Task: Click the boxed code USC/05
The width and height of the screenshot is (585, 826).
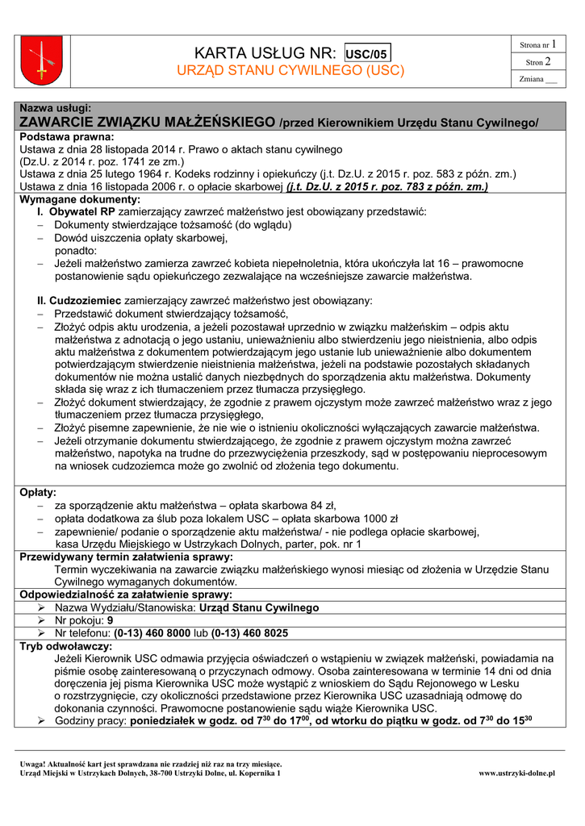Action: [x=367, y=54]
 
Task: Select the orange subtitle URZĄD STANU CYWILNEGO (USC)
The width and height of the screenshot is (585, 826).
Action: [x=290, y=71]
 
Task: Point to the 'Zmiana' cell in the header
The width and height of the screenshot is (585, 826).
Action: [x=538, y=79]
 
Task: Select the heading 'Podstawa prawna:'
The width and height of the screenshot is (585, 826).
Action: [x=65, y=138]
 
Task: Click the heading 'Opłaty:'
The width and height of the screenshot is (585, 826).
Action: [x=39, y=492]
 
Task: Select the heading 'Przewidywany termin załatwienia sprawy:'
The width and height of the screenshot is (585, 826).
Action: [x=127, y=557]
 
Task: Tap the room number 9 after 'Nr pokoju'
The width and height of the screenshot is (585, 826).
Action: [x=111, y=621]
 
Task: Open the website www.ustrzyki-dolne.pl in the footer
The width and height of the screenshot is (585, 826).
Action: [x=516, y=773]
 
